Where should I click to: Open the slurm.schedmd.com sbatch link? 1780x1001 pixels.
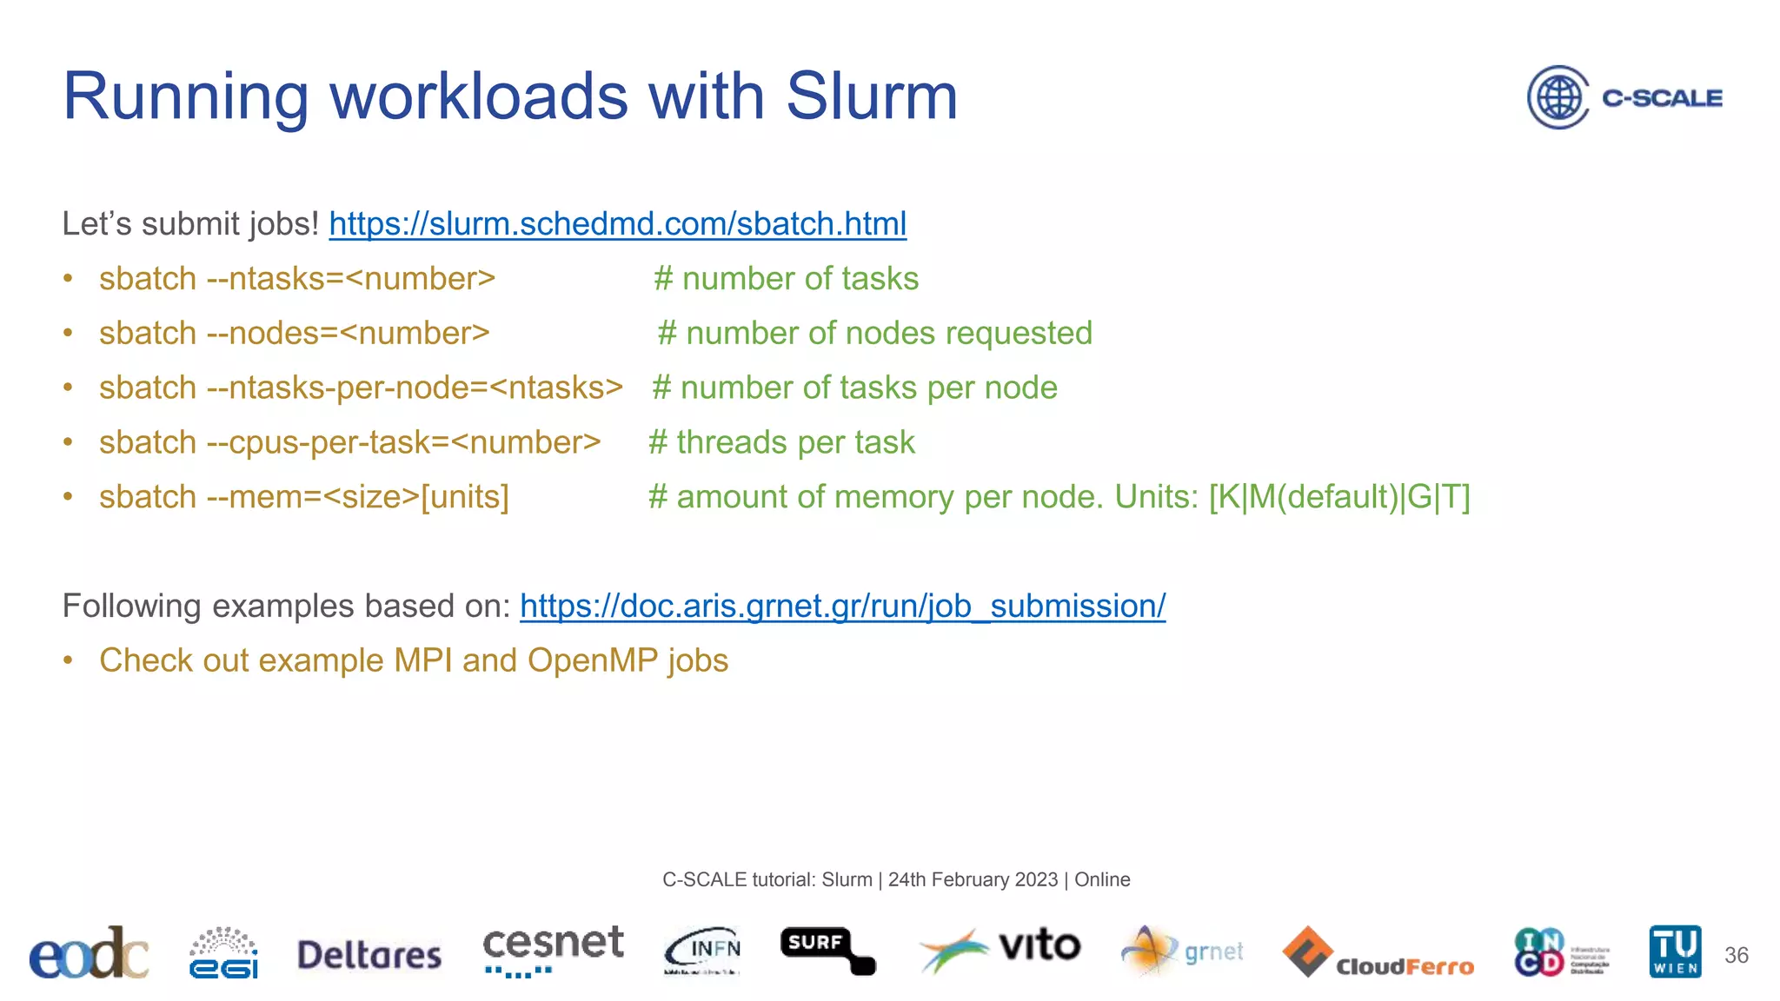(x=617, y=224)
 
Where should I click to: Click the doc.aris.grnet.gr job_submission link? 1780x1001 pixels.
(x=842, y=607)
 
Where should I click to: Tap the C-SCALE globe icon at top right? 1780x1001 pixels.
(x=1558, y=97)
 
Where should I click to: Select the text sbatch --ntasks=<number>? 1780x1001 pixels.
(x=296, y=279)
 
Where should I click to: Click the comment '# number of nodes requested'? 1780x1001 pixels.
(x=874, y=334)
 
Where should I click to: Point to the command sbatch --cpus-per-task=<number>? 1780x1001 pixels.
(x=349, y=443)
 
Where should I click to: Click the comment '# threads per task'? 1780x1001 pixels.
(x=781, y=443)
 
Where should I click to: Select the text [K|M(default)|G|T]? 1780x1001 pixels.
(x=1338, y=497)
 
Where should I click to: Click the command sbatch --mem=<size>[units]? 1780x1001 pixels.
(x=303, y=497)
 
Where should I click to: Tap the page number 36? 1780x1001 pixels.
(x=1736, y=955)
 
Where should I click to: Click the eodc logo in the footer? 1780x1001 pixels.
(x=88, y=953)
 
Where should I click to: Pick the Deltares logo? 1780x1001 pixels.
(x=369, y=955)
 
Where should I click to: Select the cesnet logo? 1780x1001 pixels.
(x=553, y=950)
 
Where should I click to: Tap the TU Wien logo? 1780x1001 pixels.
(x=1675, y=951)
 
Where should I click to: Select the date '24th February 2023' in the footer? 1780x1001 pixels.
(x=973, y=880)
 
